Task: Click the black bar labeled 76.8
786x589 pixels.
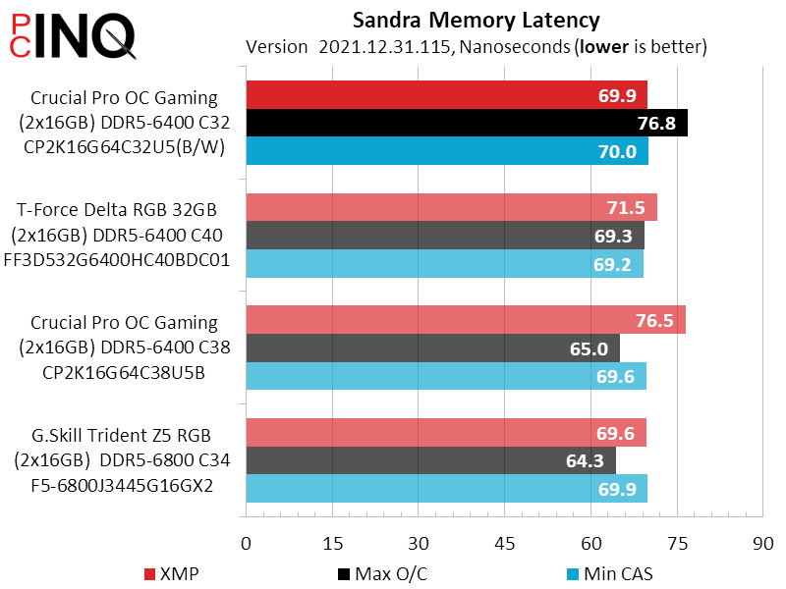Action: click(x=467, y=123)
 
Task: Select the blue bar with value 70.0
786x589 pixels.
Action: click(x=447, y=151)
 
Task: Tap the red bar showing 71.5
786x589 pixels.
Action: click(x=451, y=207)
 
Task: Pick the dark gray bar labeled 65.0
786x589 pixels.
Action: click(x=432, y=348)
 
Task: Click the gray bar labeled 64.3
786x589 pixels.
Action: click(x=430, y=460)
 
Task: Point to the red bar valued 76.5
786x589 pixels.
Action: click(x=465, y=320)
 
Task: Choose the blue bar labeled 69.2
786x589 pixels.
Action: click(x=444, y=264)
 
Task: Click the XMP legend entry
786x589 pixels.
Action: click(x=173, y=573)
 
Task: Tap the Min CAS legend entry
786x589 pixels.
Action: click(x=609, y=573)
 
